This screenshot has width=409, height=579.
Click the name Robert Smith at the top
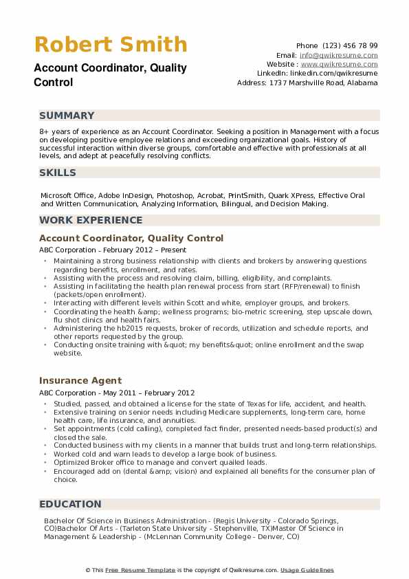[111, 45]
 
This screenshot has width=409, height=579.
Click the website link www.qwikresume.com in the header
[349, 64]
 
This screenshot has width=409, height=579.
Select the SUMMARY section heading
[67, 116]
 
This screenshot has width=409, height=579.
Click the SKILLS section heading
[58, 173]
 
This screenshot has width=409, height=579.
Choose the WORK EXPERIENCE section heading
[91, 220]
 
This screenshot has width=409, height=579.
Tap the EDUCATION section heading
[70, 504]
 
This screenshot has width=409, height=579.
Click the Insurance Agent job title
[80, 380]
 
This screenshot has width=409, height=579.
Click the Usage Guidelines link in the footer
[307, 570]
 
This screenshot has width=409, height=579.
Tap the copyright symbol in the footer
[88, 570]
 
